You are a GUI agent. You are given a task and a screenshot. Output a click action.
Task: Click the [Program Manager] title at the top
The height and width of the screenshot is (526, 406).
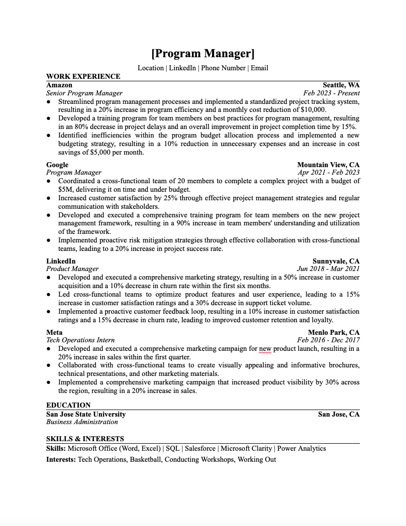pyautogui.click(x=203, y=54)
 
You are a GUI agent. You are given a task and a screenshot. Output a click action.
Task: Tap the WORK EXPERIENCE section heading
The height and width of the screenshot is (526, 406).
pyautogui.click(x=83, y=76)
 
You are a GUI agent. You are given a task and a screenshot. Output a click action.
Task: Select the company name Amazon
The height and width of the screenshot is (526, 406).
pyautogui.click(x=59, y=85)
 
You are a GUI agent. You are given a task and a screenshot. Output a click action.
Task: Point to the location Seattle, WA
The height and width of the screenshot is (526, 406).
pyautogui.click(x=341, y=85)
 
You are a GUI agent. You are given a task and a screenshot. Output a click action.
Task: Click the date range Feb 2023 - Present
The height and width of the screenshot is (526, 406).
pyautogui.click(x=332, y=93)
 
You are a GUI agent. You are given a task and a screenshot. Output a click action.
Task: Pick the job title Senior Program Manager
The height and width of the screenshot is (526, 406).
pyautogui.click(x=84, y=93)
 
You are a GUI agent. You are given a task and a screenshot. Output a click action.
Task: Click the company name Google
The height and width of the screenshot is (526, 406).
pyautogui.click(x=57, y=165)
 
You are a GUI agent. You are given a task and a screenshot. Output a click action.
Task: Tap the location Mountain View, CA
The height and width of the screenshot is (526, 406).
pyautogui.click(x=328, y=165)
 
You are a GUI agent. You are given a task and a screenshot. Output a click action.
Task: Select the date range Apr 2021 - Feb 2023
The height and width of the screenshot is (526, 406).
pyautogui.click(x=329, y=172)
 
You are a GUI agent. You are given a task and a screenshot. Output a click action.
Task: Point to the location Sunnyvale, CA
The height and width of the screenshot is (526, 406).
pyautogui.click(x=336, y=261)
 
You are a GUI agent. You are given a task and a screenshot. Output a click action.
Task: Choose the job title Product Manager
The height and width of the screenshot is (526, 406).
pyautogui.click(x=72, y=269)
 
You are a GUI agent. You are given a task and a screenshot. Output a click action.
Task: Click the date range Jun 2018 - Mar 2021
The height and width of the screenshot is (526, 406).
pyautogui.click(x=328, y=269)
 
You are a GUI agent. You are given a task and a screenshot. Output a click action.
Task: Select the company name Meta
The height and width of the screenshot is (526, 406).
pyautogui.click(x=54, y=332)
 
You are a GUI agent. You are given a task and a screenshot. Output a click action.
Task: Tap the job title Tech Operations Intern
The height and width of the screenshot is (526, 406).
pyautogui.click(x=80, y=340)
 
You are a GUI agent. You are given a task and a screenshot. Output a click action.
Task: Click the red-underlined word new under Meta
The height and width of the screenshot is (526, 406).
pyautogui.click(x=265, y=348)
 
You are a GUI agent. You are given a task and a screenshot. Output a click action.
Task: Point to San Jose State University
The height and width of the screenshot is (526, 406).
pyautogui.click(x=86, y=414)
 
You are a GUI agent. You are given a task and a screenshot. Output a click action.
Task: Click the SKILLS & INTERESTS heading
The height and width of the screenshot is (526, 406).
pyautogui.click(x=85, y=439)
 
